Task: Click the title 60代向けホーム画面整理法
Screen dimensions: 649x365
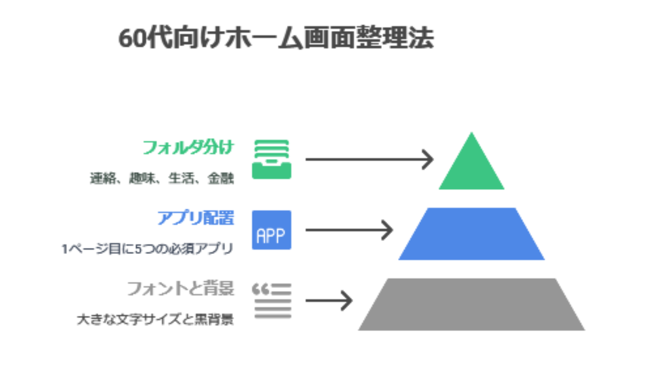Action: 276,38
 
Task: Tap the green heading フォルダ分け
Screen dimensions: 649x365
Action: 188,147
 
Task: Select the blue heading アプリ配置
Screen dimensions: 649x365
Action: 196,218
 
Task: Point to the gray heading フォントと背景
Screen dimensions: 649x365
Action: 181,288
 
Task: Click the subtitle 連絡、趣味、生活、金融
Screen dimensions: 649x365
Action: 162,178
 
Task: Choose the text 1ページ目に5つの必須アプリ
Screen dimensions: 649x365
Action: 148,249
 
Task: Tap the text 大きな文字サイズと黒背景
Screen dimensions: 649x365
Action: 155,319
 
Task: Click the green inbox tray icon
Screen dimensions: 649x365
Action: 271,159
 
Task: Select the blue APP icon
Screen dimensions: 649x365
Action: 271,230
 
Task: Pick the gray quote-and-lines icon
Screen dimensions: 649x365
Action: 271,301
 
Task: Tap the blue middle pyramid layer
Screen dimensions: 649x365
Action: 472,234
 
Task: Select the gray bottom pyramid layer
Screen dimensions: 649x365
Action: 472,305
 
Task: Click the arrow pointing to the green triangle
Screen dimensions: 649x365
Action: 370,159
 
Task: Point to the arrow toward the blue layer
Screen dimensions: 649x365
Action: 349,230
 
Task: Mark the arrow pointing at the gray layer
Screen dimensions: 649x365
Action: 329,301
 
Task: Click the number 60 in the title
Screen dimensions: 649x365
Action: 131,39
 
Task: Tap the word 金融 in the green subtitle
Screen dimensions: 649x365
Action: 221,178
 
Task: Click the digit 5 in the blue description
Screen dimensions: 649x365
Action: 139,249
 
